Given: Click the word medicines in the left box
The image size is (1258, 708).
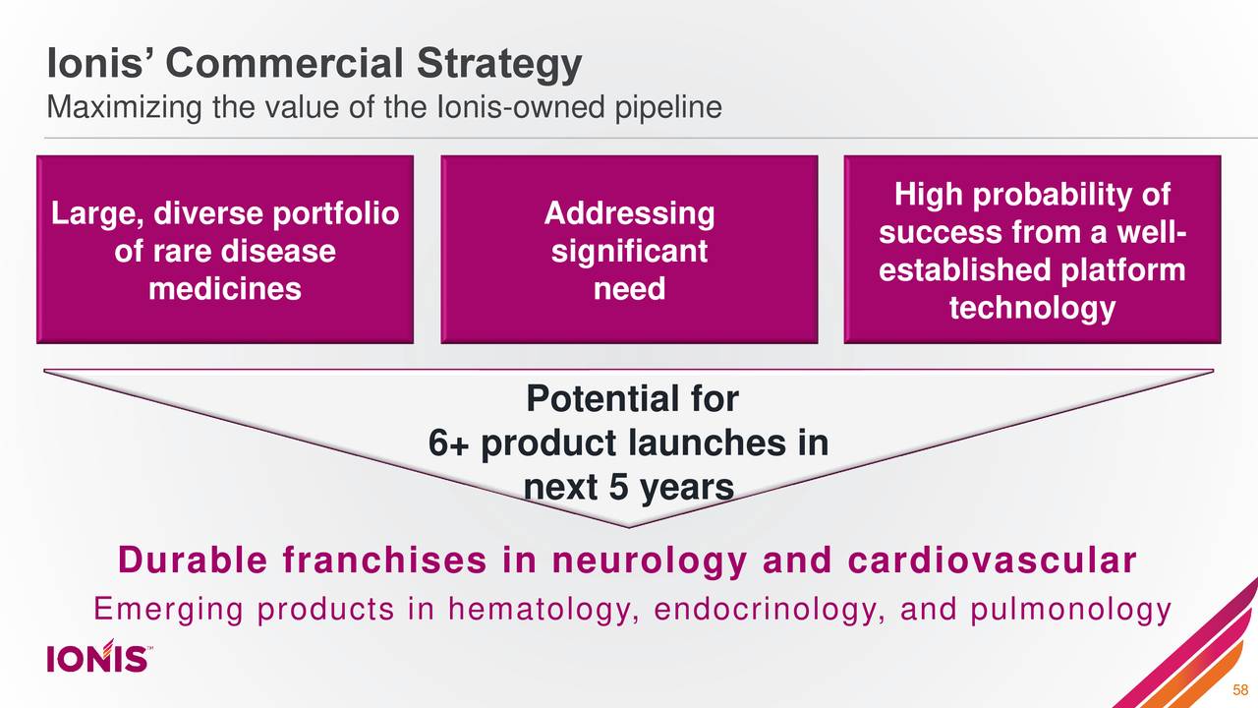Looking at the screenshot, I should click(x=224, y=290).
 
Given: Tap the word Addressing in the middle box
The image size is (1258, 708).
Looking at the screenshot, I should click(x=629, y=213).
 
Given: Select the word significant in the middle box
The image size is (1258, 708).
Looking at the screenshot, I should click(x=629, y=252).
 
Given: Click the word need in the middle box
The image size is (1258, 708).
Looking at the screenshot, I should click(x=629, y=289).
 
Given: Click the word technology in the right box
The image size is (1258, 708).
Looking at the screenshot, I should click(x=1032, y=309).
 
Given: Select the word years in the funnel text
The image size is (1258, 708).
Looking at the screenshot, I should click(x=685, y=487).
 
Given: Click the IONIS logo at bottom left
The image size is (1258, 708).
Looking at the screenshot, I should click(x=98, y=656).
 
